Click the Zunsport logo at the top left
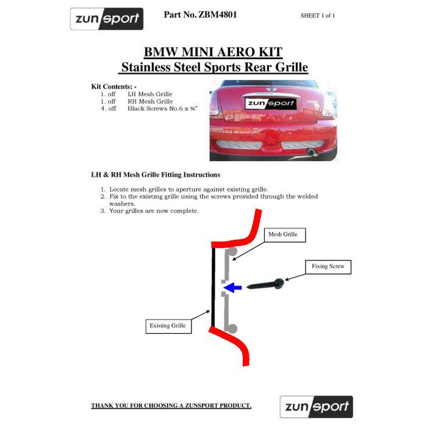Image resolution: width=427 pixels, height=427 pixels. [x=107, y=19]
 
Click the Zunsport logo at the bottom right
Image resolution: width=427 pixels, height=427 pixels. [x=317, y=407]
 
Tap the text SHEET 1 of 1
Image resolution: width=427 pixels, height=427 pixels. [x=318, y=15]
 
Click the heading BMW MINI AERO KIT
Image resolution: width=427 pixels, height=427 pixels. [x=213, y=52]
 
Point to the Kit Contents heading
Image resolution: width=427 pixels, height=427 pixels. [x=114, y=87]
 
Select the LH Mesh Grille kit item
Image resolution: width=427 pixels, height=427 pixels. [x=137, y=94]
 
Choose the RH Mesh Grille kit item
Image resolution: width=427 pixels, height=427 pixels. [x=137, y=101]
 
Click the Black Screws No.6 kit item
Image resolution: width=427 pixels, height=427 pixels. [x=149, y=109]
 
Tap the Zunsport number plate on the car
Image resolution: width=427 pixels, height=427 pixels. [x=271, y=103]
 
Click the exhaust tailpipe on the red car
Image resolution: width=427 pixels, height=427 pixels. [x=311, y=152]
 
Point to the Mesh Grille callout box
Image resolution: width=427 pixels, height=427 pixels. [x=285, y=235]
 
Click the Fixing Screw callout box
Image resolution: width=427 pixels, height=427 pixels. [x=328, y=267]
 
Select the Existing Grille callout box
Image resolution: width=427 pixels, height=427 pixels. [x=168, y=326]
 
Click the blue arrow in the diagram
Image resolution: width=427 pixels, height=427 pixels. [x=232, y=287]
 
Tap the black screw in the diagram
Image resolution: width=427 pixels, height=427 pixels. [x=265, y=284]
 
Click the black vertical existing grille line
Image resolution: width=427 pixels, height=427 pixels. [x=213, y=287]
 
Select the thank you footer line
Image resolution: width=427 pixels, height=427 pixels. [x=171, y=406]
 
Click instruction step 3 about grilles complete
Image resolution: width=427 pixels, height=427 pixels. [x=149, y=211]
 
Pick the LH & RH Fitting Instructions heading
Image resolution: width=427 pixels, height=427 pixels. [x=156, y=175]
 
